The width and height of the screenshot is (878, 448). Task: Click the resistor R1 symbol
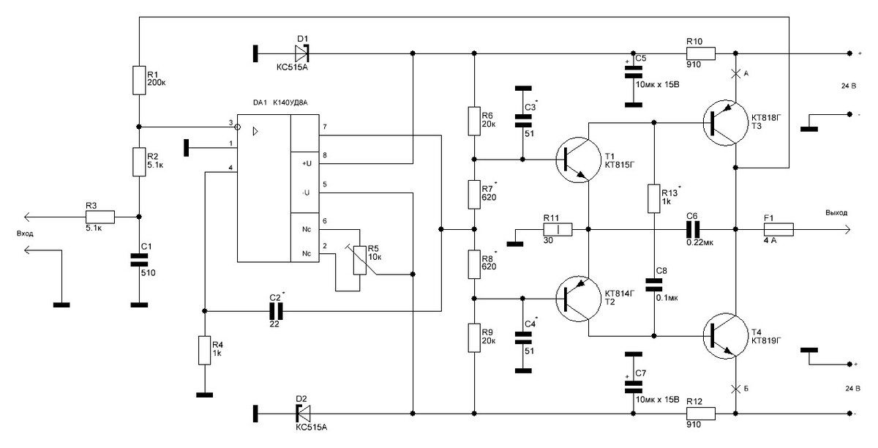tap(139, 80)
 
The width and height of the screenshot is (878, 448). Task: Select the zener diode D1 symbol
tap(302, 53)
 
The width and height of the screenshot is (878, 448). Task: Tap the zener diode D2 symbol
tap(303, 413)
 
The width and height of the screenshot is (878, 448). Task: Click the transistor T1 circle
tap(578, 160)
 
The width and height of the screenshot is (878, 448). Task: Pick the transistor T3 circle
tap(726, 123)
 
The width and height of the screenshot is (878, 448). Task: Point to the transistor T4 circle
tap(726, 336)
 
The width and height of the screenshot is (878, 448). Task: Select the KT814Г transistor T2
tap(578, 299)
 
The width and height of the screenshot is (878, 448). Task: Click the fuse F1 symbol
tap(778, 230)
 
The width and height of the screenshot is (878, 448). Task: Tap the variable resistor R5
tap(360, 260)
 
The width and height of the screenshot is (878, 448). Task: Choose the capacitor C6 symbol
tap(693, 230)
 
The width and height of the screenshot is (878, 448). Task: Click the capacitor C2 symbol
tap(276, 311)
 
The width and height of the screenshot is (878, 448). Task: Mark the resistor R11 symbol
tap(558, 230)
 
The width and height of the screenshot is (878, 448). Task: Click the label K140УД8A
tap(290, 102)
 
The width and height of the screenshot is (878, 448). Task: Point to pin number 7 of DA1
tap(325, 127)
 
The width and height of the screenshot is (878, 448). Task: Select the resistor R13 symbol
tap(654, 198)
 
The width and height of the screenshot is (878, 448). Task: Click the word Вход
tap(25, 234)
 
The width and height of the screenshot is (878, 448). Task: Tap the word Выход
tap(836, 212)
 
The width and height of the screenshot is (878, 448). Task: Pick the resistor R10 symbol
tap(700, 53)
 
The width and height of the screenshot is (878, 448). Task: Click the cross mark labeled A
tap(735, 73)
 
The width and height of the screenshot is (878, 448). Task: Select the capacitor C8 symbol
tap(654, 285)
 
